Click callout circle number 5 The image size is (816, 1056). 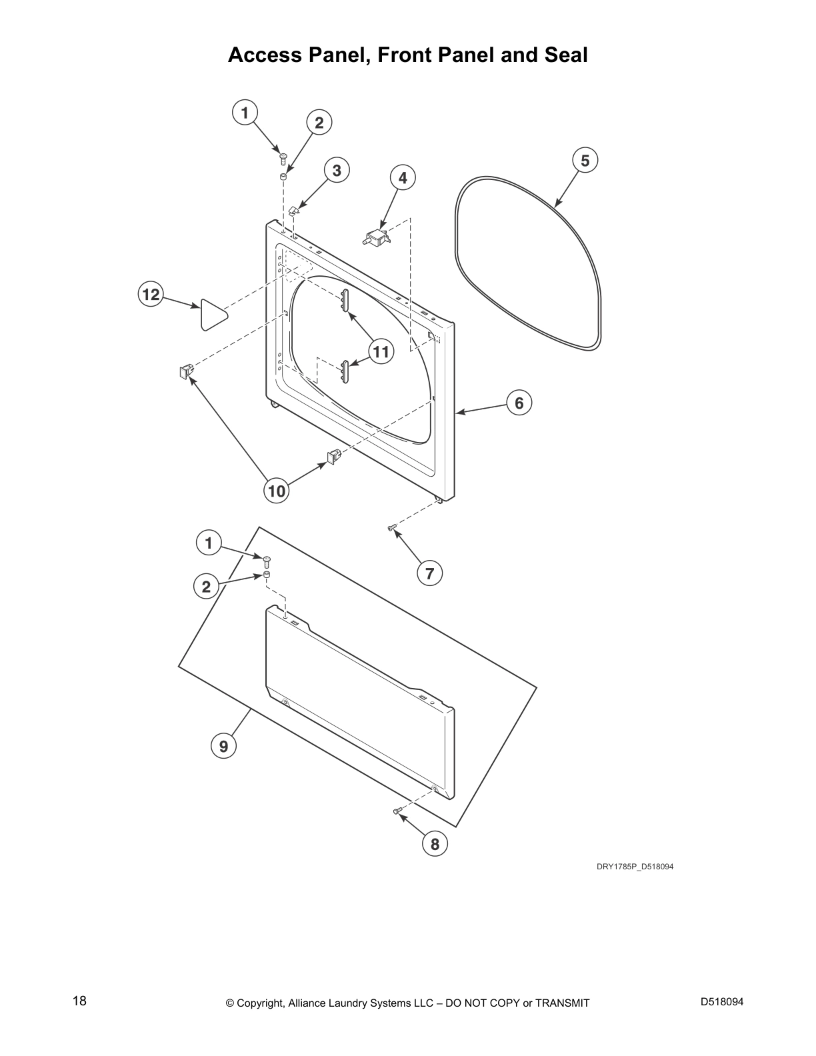point(585,161)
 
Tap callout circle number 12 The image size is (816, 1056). point(151,294)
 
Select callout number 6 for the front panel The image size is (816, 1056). point(519,403)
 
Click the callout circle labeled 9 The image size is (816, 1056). point(223,746)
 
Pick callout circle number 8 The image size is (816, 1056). point(435,844)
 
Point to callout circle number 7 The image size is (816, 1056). point(429,573)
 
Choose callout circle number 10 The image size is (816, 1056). point(277,491)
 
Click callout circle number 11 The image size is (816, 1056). point(381,351)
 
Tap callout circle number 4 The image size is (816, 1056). point(403,178)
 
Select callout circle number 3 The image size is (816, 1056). point(337,171)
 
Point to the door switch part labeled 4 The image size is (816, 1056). point(377,237)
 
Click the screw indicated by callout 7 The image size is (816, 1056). point(392,528)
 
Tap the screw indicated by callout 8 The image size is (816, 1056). point(397,810)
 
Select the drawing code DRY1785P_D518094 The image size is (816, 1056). point(635,867)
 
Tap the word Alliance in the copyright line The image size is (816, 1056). point(308,1003)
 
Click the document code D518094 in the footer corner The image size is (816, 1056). point(722,1001)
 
